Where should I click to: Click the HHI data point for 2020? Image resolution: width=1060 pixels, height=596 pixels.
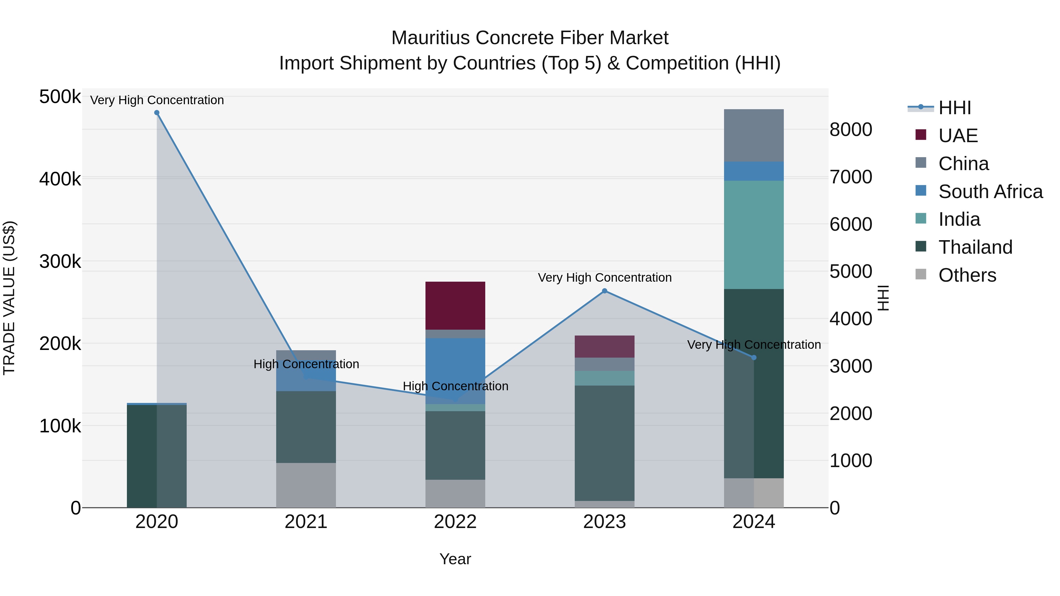click(157, 113)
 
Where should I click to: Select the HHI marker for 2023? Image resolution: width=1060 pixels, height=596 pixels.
click(604, 291)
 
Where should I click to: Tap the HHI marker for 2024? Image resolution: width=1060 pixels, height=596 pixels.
click(754, 357)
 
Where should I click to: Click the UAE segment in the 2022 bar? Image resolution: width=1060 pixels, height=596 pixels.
click(455, 305)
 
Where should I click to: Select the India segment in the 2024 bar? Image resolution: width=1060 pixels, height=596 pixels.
click(754, 235)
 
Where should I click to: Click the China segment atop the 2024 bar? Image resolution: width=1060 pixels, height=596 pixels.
click(754, 135)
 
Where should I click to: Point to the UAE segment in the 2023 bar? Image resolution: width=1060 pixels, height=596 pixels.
click(604, 346)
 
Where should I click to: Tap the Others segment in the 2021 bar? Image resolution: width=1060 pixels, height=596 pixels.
click(306, 485)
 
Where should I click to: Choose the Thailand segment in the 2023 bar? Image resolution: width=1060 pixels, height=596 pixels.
click(604, 443)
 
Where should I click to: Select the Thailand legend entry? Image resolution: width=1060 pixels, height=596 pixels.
click(975, 247)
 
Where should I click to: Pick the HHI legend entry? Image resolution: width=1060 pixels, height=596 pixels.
click(954, 108)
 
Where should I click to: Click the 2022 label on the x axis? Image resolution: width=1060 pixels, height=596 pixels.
click(455, 522)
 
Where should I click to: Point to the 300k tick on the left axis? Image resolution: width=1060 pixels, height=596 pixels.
click(60, 261)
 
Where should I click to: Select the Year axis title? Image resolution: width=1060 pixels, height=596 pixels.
click(455, 559)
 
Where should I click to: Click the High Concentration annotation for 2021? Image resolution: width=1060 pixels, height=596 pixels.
click(306, 364)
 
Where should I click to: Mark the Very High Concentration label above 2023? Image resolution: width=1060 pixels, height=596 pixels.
click(604, 278)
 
